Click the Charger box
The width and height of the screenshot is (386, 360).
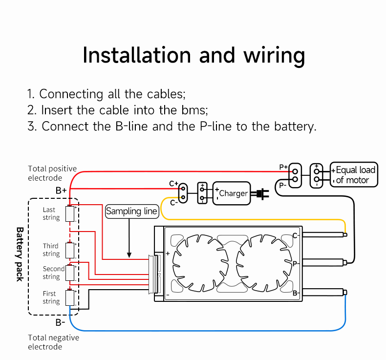pyautogui.click(x=232, y=193)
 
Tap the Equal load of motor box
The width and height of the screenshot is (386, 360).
pyautogui.click(x=354, y=175)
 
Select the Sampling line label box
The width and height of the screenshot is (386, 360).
pyautogui.click(x=132, y=212)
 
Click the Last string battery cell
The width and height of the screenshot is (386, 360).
pyautogui.click(x=70, y=214)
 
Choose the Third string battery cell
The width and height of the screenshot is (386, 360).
pyautogui.click(x=70, y=250)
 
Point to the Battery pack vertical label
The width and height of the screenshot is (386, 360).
pyautogui.click(x=20, y=254)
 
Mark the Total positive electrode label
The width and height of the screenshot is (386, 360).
pyautogui.click(x=52, y=173)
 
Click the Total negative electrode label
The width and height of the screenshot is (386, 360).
pyautogui.click(x=53, y=342)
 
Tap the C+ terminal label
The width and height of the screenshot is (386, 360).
pyautogui.click(x=173, y=184)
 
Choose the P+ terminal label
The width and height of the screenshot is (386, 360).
pyautogui.click(x=283, y=167)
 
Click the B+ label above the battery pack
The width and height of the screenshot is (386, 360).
pyautogui.click(x=61, y=190)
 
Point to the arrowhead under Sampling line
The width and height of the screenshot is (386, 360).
pyautogui.click(x=129, y=254)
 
